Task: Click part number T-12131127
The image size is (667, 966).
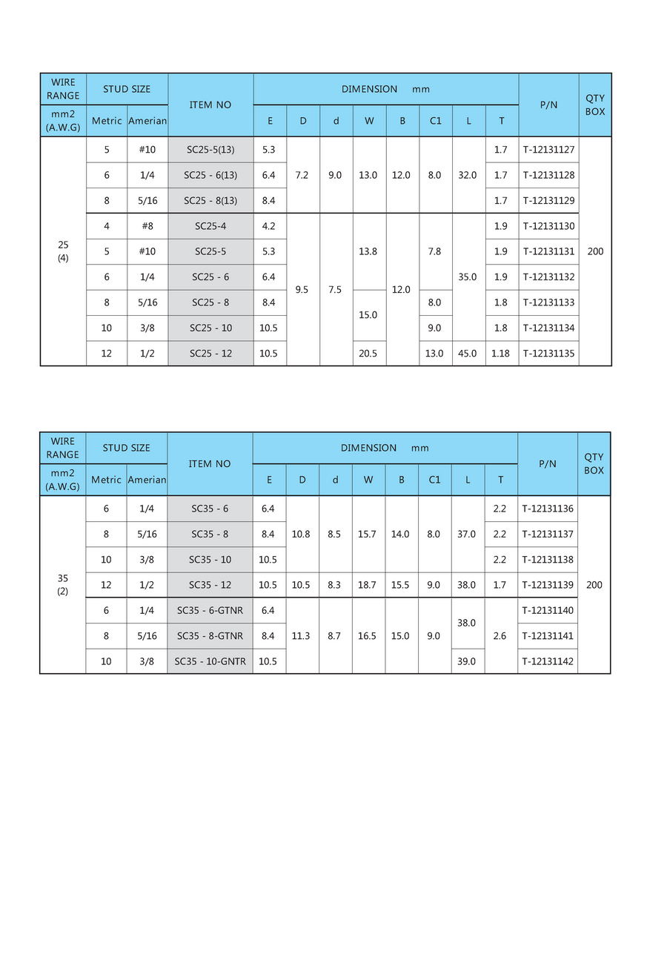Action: (548, 150)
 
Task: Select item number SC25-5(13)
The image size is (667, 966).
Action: (210, 150)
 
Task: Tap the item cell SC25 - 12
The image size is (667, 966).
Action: (210, 354)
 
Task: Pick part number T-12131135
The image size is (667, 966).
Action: (548, 354)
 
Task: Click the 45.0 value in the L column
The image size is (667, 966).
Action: (468, 354)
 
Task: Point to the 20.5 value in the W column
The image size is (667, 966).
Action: (368, 354)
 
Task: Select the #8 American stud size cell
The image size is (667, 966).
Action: (147, 226)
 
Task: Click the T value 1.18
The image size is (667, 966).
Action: (501, 354)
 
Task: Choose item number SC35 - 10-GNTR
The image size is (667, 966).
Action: (210, 661)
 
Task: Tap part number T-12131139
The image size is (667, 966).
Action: (548, 585)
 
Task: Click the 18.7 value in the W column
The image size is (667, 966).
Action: (368, 585)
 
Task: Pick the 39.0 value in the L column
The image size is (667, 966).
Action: (467, 661)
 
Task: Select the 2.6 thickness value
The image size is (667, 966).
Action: (500, 636)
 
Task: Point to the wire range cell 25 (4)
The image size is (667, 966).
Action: (63, 251)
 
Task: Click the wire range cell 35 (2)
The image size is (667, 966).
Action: (63, 585)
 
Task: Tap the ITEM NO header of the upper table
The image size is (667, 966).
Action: (210, 105)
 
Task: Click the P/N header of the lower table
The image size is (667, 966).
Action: (548, 464)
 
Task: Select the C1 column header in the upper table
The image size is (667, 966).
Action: (435, 121)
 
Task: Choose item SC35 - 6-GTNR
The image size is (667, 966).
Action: (210, 610)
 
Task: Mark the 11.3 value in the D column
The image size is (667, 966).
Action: (302, 636)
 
